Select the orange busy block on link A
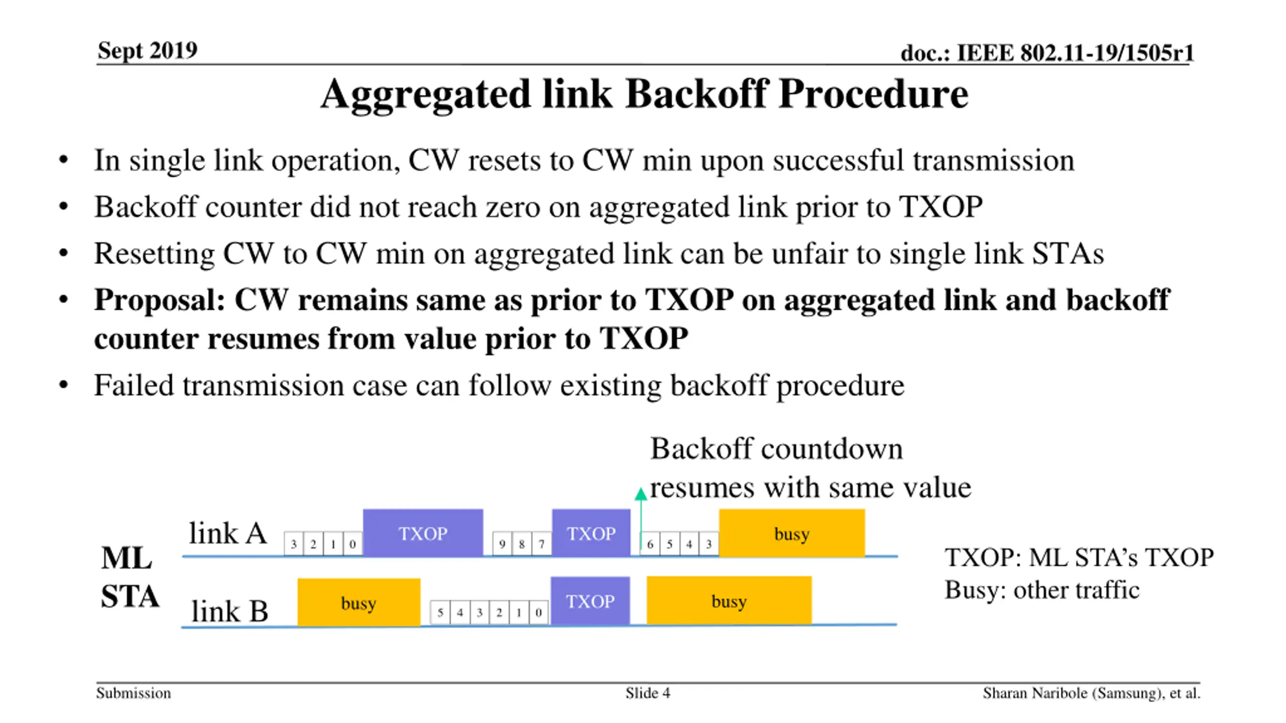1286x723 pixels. [x=792, y=533]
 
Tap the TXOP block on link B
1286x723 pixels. [x=590, y=601]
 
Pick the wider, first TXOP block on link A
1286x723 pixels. [x=423, y=533]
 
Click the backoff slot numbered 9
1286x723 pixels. [x=502, y=544]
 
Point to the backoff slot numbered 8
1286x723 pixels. [x=521, y=544]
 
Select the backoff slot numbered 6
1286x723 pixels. [x=650, y=544]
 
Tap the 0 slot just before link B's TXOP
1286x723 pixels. [x=539, y=613]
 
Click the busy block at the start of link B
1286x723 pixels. [x=359, y=602]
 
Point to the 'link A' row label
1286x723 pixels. [x=228, y=533]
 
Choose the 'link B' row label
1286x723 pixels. [x=230, y=611]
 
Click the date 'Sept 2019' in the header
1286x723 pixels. [x=147, y=50]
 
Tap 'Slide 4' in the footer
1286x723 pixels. [x=648, y=693]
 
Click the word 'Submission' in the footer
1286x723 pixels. [x=134, y=693]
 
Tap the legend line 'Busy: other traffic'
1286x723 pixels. [x=1042, y=590]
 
